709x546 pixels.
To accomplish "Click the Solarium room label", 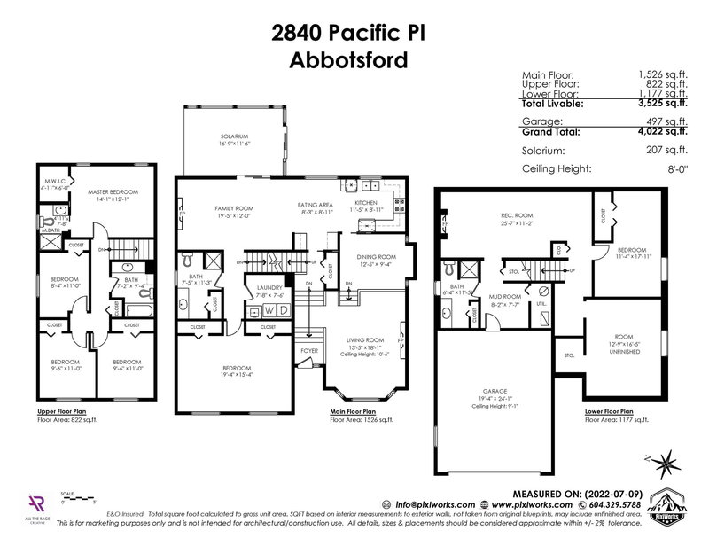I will [x=236, y=136].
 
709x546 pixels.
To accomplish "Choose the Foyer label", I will [x=309, y=349].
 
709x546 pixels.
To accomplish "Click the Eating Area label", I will [x=316, y=204].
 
